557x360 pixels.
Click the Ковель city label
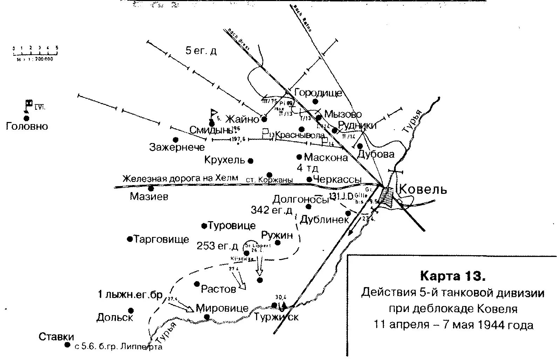tap(423, 190)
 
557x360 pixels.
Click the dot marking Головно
tap(26, 118)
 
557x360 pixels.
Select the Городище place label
tap(318, 93)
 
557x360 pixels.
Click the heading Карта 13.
tap(453, 276)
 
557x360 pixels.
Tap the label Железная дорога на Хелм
tap(180, 178)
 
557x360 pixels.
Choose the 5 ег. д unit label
tap(201, 51)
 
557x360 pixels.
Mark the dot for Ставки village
tap(67, 345)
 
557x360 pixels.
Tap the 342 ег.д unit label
tap(271, 210)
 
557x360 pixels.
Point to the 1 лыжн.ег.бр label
tap(130, 295)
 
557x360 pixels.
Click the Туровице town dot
tap(204, 226)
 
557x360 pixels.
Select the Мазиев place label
tap(149, 196)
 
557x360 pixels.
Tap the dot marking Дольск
tap(131, 311)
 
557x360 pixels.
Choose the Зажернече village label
tap(177, 147)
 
